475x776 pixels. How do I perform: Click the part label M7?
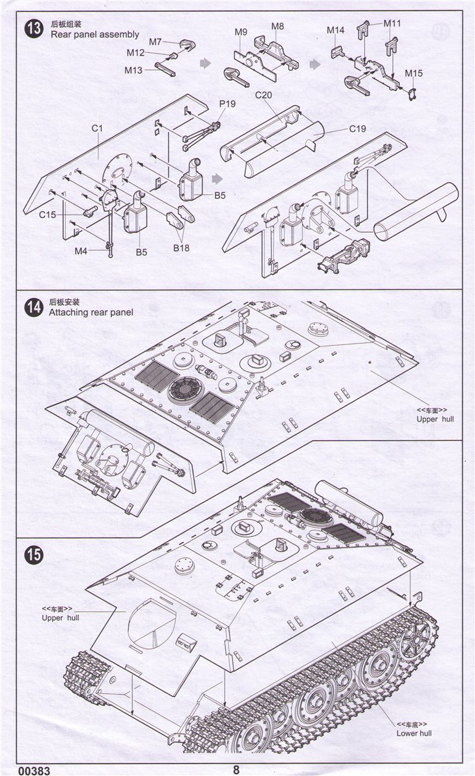[155, 42]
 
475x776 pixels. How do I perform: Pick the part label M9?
[241, 32]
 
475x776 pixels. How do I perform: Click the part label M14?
[335, 30]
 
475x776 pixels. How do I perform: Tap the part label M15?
[414, 73]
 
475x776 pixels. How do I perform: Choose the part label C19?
[357, 128]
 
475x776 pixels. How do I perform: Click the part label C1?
[97, 128]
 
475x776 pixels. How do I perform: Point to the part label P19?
[227, 103]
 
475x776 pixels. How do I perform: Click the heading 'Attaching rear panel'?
[91, 312]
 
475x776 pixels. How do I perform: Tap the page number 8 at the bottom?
[236, 769]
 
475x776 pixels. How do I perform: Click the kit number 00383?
[17, 770]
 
